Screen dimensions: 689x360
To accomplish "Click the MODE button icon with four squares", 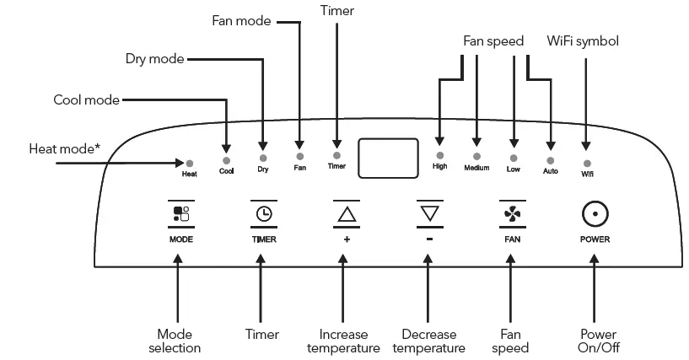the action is pos(181,214).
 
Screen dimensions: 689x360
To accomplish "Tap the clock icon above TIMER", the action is pos(264,214).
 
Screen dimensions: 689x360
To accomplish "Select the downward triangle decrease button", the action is pos(430,213).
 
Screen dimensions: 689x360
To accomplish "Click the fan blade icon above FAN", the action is pos(513,214).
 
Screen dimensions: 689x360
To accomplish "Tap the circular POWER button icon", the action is pos(595,214).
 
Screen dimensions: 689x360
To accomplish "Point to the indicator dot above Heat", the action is pos(190,164).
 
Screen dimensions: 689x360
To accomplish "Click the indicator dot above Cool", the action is pos(226,161).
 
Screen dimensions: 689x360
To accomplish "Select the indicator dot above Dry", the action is pos(263,158).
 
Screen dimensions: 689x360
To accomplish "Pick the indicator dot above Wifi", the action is pos(587,164).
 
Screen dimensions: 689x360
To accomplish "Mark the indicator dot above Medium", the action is pos(476,156).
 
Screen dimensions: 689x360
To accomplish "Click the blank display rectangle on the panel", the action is pos(388,158).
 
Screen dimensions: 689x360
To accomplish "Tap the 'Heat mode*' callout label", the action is pos(65,149).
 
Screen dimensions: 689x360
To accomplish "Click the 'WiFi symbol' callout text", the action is pos(583,40).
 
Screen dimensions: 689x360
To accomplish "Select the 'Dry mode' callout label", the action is pos(154,59).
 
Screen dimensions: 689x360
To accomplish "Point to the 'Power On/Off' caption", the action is pos(599,341).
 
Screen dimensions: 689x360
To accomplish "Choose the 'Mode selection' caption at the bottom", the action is pos(175,341).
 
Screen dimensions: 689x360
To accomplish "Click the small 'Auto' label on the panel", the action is pos(550,171).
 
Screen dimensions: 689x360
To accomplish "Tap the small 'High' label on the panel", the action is pos(440,166).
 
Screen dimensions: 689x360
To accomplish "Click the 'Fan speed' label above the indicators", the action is pos(493,41).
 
